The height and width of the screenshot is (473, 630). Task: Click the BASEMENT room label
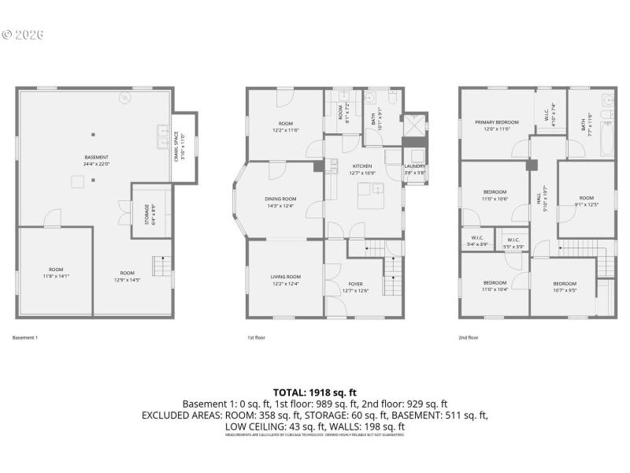click(97, 157)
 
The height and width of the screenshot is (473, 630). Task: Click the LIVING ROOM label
click(286, 277)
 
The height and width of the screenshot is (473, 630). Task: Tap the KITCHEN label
click(362, 166)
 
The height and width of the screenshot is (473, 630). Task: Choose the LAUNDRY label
click(414, 166)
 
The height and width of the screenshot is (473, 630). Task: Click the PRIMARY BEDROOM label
click(496, 122)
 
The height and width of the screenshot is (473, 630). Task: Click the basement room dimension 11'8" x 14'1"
click(56, 276)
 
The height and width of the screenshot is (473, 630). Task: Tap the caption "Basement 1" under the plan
click(25, 337)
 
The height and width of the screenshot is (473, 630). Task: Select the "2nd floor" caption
click(469, 337)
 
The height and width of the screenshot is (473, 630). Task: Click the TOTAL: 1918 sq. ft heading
click(315, 391)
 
